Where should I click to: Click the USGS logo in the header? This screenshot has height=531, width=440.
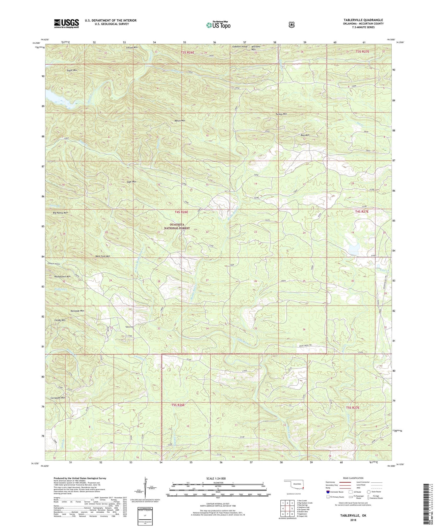[66, 23]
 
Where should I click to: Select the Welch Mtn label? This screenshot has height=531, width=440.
[180, 120]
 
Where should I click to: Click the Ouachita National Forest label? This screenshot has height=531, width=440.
[177, 226]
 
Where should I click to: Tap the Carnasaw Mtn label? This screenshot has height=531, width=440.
[57, 398]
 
